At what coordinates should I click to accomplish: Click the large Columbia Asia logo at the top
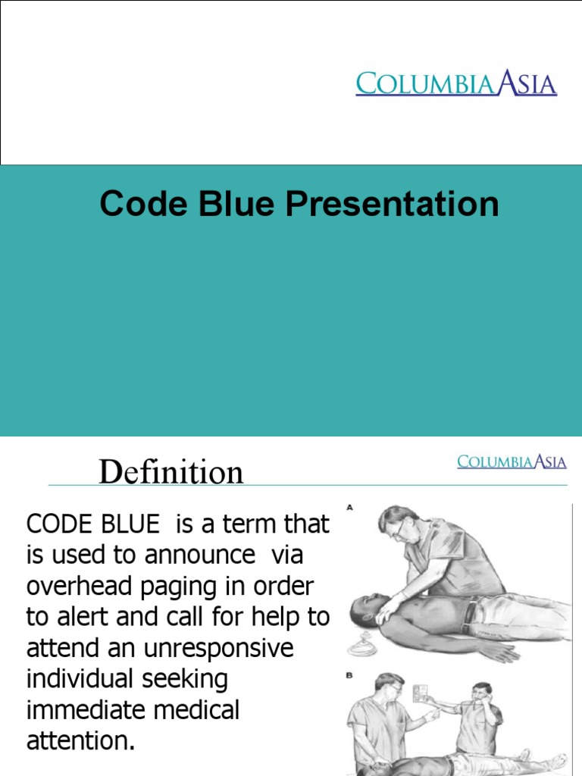(x=456, y=83)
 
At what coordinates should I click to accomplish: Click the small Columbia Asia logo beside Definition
(x=512, y=462)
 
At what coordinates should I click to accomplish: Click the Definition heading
(x=171, y=472)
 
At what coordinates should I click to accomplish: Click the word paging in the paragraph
(x=167, y=587)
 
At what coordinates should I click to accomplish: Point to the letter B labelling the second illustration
(x=351, y=673)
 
